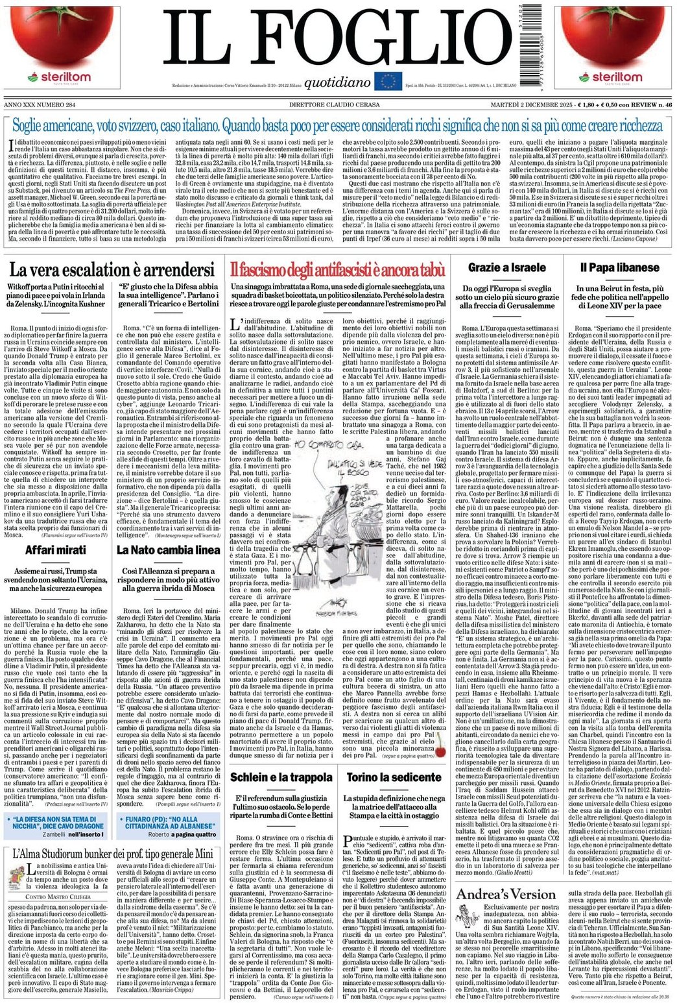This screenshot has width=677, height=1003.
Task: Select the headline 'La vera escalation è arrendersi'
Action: pyautogui.click(x=112, y=270)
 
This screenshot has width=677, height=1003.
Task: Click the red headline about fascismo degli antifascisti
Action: pyautogui.click(x=338, y=270)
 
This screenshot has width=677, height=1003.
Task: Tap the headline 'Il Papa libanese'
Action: pyautogui.click(x=610, y=267)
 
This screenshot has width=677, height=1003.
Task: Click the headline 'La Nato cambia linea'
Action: pyautogui.click(x=168, y=550)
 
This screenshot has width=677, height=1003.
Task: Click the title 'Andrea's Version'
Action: pyautogui.click(x=506, y=895)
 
